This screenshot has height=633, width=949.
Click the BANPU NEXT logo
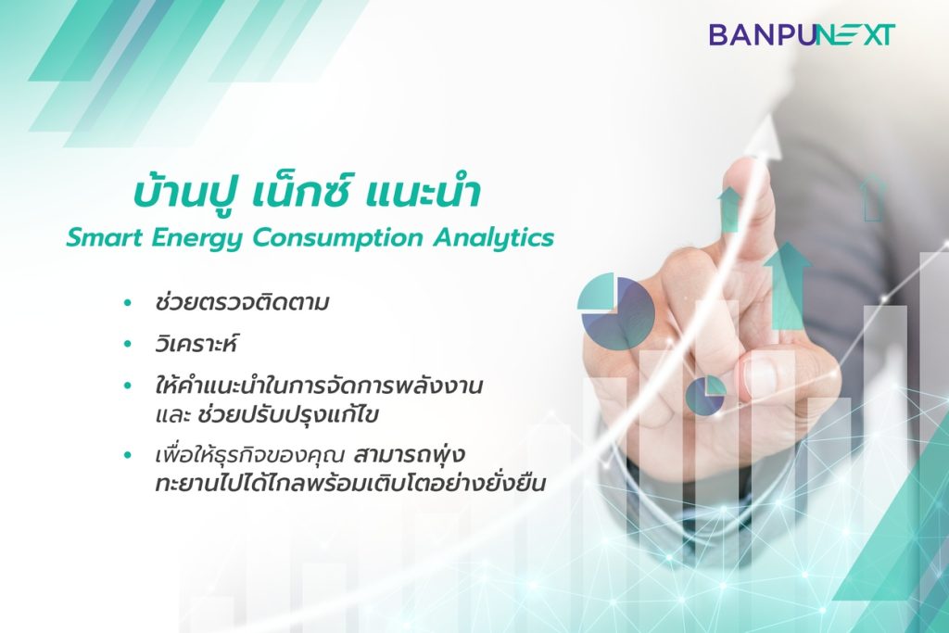tap(802, 35)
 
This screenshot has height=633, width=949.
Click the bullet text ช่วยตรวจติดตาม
tap(242, 301)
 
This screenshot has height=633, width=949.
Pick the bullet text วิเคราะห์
tap(195, 344)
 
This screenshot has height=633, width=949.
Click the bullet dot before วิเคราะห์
tap(127, 345)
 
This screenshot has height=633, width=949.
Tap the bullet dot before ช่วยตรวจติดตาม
tap(127, 302)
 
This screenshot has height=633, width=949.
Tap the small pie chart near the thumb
tap(705, 395)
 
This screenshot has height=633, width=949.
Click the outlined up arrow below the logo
tap(872, 197)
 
